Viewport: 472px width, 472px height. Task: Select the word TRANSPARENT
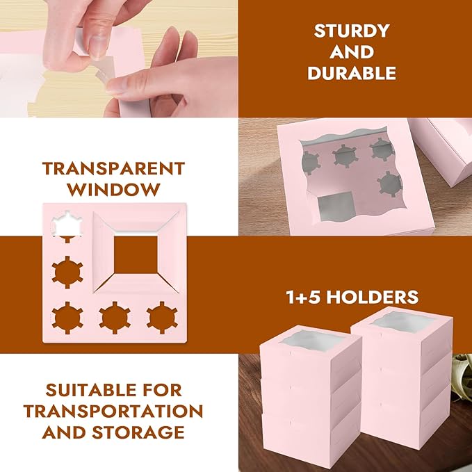click(113, 168)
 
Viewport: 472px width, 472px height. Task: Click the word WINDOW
click(113, 189)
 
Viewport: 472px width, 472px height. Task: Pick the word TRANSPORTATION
click(113, 411)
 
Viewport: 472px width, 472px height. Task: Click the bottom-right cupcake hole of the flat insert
click(161, 316)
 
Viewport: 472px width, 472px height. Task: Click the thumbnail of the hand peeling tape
click(118, 58)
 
